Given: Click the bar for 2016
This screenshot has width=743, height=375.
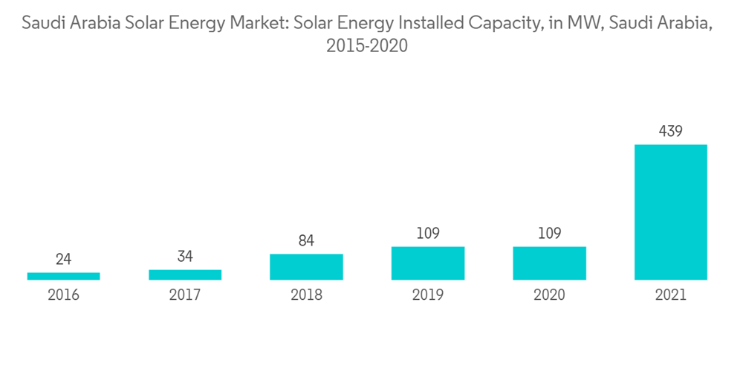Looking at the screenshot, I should (63, 276).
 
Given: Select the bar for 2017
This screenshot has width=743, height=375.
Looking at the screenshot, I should (185, 275).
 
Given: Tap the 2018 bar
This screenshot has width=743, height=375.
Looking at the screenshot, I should (306, 267).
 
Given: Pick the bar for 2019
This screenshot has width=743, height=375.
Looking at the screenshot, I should (428, 263).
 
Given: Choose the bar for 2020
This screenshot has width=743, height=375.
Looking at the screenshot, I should (549, 263).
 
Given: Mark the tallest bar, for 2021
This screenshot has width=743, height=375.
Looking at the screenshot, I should (671, 212).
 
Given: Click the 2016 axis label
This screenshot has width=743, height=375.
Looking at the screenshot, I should (63, 295).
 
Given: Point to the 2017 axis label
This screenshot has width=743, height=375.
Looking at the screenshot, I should (185, 295).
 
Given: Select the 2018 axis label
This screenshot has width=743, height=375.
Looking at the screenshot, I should (306, 295).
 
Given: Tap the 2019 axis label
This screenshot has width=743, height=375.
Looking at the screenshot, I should (428, 295).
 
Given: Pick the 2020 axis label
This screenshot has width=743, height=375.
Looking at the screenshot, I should (549, 295).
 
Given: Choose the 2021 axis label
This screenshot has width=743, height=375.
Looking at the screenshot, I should (671, 295).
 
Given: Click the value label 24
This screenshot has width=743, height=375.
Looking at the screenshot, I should (63, 260).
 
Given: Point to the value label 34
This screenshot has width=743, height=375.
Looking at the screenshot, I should (185, 257).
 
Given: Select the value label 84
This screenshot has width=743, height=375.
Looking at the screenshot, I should (306, 241).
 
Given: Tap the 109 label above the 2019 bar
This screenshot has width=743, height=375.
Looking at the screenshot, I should (428, 234).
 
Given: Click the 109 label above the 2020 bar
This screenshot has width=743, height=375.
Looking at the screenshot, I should (549, 234).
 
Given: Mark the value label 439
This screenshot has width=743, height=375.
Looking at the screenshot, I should (671, 132).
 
